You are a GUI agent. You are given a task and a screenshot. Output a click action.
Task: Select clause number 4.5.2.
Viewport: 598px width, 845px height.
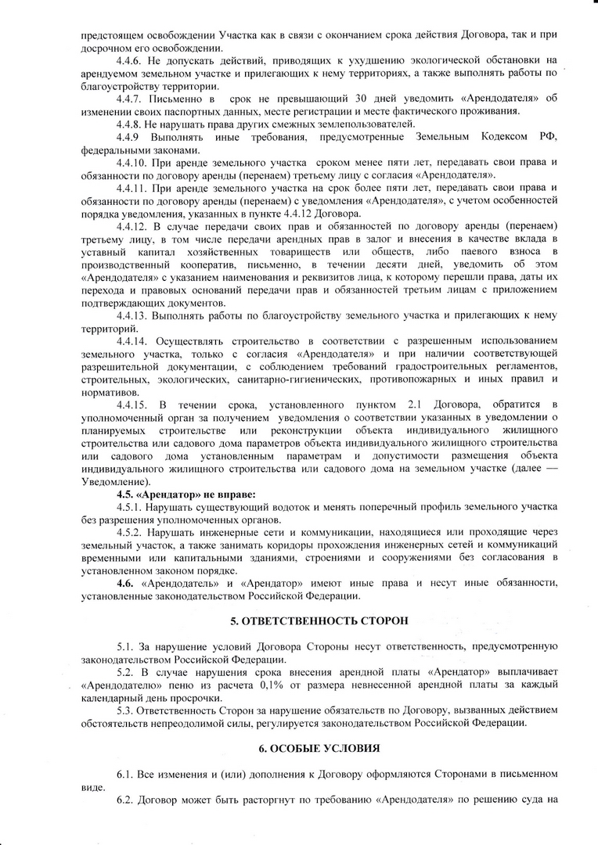click(131, 531)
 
